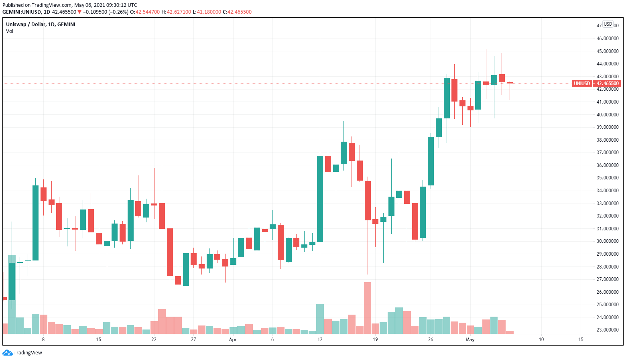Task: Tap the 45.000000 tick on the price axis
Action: click(607, 51)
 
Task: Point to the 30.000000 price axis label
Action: click(607, 241)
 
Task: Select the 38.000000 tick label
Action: click(607, 140)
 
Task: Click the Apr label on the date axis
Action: click(233, 340)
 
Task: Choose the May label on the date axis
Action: click(470, 340)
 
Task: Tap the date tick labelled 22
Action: click(154, 340)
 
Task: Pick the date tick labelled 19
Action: click(375, 340)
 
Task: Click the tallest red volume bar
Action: click(368, 308)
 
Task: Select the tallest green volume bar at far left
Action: click(12, 294)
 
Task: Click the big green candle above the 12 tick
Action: click(320, 199)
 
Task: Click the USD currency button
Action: click(608, 24)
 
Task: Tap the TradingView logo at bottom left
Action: click(22, 353)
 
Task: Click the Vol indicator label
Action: click(10, 31)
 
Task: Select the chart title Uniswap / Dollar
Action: click(41, 24)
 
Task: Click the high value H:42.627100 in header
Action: click(176, 12)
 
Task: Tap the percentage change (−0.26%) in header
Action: click(119, 12)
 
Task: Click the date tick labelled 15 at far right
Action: click(581, 340)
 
